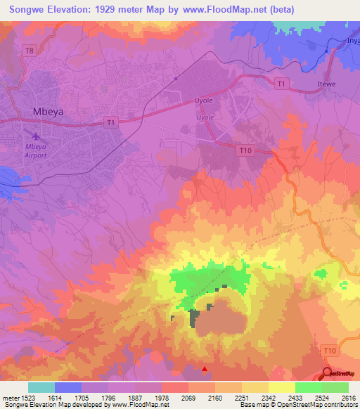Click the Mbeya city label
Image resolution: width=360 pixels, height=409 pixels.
(50, 111)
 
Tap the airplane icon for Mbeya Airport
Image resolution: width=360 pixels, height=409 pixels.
(36, 134)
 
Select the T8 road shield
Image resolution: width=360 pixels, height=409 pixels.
(28, 51)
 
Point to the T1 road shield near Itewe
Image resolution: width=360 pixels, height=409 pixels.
(281, 84)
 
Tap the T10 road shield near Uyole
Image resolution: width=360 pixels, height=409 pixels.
(245, 150)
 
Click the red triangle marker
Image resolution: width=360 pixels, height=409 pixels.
(205, 368)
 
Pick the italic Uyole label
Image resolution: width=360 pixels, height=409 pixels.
(205, 117)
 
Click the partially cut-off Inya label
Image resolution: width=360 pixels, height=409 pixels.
(352, 40)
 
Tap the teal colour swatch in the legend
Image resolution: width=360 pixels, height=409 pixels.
(41, 387)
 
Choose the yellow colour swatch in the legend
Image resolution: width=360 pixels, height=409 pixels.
(281, 387)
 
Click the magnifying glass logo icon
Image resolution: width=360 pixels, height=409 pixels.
(328, 373)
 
